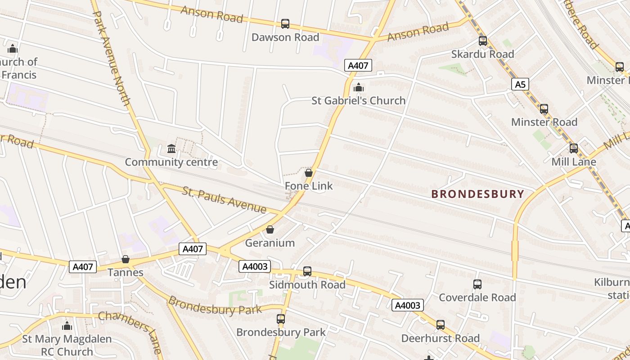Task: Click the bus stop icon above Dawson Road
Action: coord(285,24)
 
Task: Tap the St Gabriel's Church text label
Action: coord(358,100)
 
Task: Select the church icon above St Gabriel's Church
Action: coord(358,87)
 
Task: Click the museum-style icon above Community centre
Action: coord(171,148)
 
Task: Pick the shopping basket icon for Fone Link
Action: coord(309,173)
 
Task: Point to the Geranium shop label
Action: coord(270,243)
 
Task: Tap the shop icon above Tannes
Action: coord(126,260)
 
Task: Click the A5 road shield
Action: coord(520,84)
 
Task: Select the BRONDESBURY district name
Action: coord(477,194)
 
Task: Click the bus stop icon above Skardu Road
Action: coord(483,41)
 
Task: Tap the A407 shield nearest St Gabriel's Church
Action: coord(358,66)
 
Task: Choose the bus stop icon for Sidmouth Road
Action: coord(307,271)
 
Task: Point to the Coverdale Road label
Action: coord(477,297)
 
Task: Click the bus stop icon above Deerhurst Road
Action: coord(441,325)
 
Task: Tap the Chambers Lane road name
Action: coord(130,331)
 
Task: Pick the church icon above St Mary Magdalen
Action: coord(67,326)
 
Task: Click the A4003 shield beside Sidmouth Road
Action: coord(255,266)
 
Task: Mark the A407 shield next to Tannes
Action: coord(83,267)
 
